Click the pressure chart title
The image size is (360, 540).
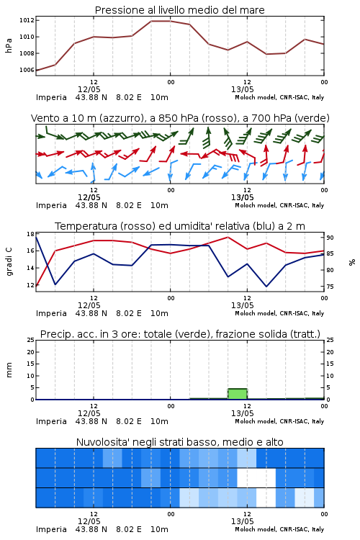[x=179, y=10]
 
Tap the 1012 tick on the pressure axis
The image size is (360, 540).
[x=27, y=20]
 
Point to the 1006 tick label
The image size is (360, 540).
[x=27, y=70]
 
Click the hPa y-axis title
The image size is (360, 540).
[x=9, y=45]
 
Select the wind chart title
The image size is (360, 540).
[x=180, y=118]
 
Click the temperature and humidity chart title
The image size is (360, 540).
[x=180, y=226]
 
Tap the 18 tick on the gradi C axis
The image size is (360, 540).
[x=30, y=234]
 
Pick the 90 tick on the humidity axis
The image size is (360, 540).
[x=330, y=238]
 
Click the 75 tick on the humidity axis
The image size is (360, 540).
[x=330, y=287]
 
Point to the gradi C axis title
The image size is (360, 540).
[x=9, y=262]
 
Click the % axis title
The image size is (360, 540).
[x=352, y=262]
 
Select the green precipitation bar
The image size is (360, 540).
[x=238, y=394]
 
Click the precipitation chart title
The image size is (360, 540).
[x=180, y=334]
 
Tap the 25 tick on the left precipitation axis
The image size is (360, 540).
[x=31, y=340]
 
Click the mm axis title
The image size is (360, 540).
[x=9, y=370]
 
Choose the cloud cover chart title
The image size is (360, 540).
[x=179, y=442]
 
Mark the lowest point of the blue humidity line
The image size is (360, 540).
[x=266, y=286]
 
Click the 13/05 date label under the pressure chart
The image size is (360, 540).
[x=242, y=89]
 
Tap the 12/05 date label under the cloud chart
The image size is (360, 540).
[x=89, y=521]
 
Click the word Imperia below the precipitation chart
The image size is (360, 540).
[x=51, y=421]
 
